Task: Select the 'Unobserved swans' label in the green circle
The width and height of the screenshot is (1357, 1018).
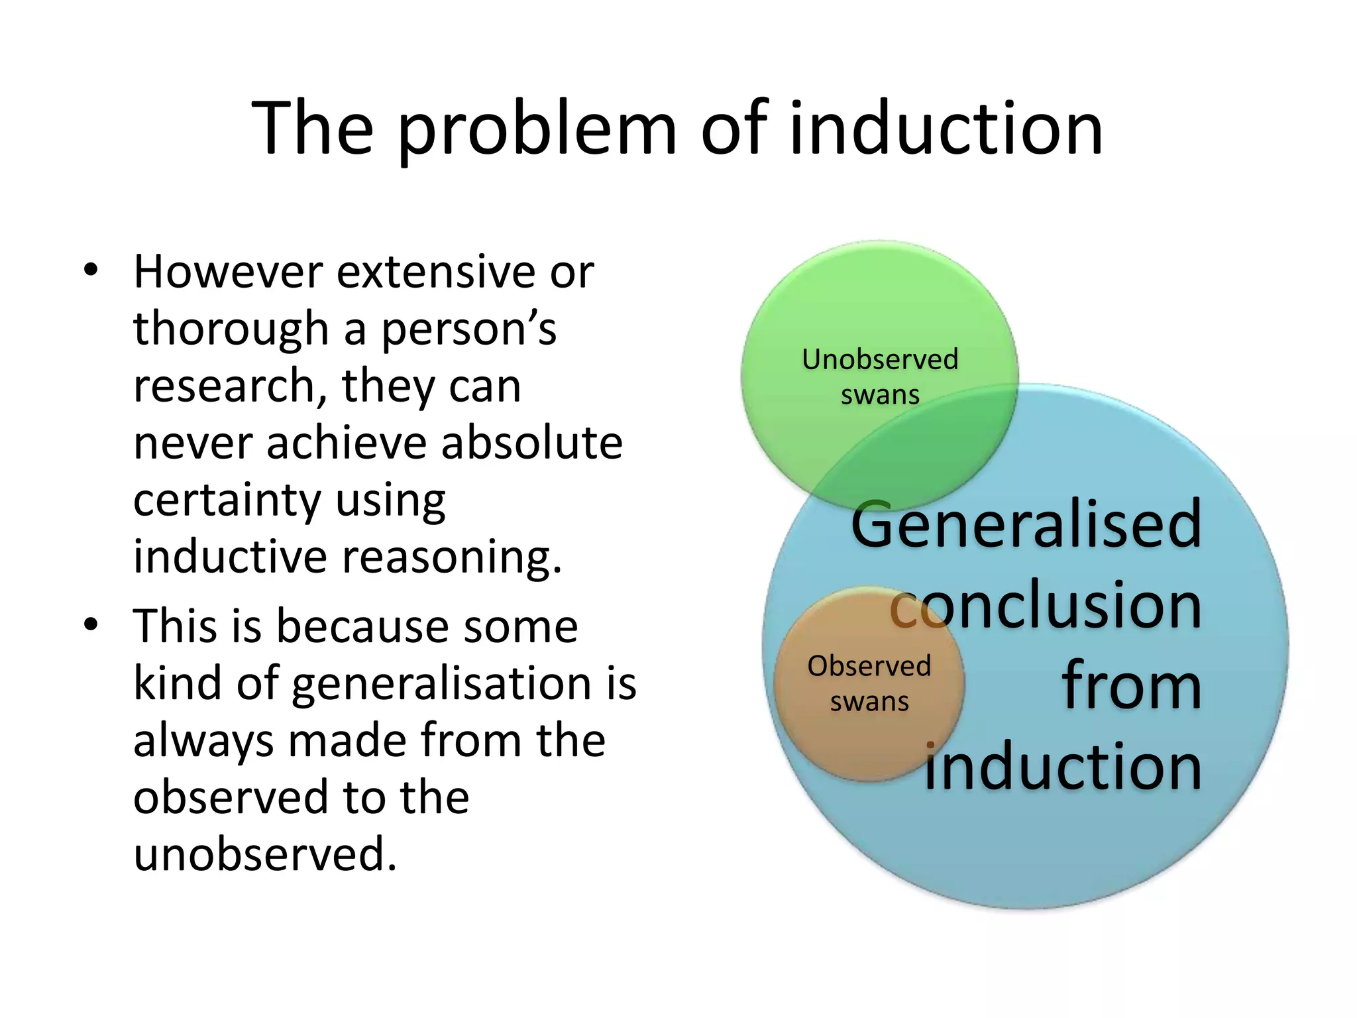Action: pyautogui.click(x=880, y=376)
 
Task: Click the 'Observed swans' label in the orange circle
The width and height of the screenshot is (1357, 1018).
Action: pyautogui.click(x=869, y=683)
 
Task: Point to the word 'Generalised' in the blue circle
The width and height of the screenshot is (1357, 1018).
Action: pyautogui.click(x=1026, y=524)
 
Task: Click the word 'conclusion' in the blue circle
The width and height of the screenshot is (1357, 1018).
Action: pyautogui.click(x=1046, y=605)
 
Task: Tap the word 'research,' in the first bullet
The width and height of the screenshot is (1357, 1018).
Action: pyautogui.click(x=231, y=386)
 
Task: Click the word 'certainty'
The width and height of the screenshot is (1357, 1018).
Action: pyautogui.click(x=227, y=500)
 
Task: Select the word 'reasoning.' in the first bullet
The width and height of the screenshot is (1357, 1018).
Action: pyautogui.click(x=451, y=557)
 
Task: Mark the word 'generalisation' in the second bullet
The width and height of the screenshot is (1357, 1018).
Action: pyautogui.click(x=441, y=683)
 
